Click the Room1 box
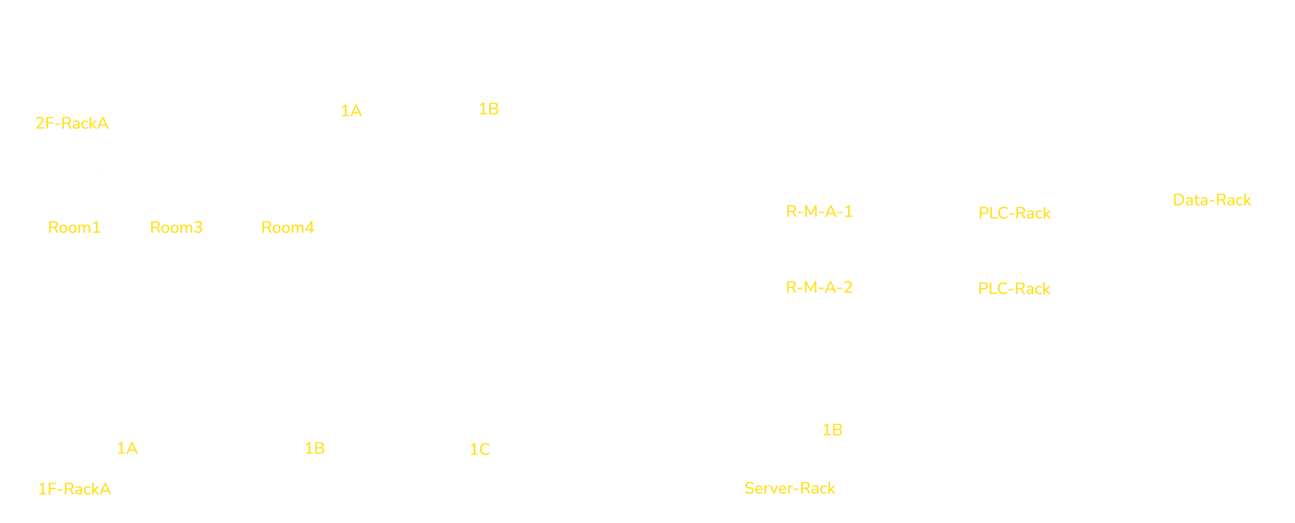75,227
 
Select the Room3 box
176,227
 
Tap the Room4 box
288,227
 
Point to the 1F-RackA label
75,489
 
